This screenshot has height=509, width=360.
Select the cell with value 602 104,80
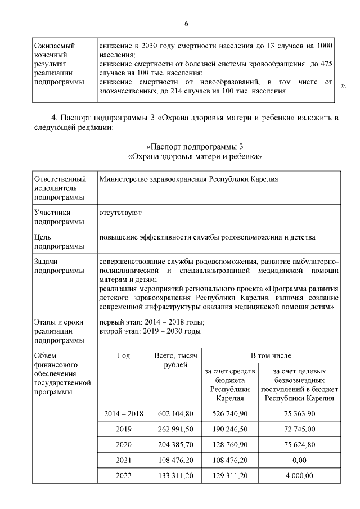point(175,413)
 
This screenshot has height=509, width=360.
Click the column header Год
point(124,356)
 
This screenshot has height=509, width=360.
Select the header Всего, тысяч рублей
point(175,361)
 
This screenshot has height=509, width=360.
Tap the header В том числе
point(271,356)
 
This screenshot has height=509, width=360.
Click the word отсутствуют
point(120,213)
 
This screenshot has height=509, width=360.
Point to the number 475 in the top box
point(331,65)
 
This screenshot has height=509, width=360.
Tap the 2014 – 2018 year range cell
point(124,413)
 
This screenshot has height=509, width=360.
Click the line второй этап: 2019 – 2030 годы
point(150,331)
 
